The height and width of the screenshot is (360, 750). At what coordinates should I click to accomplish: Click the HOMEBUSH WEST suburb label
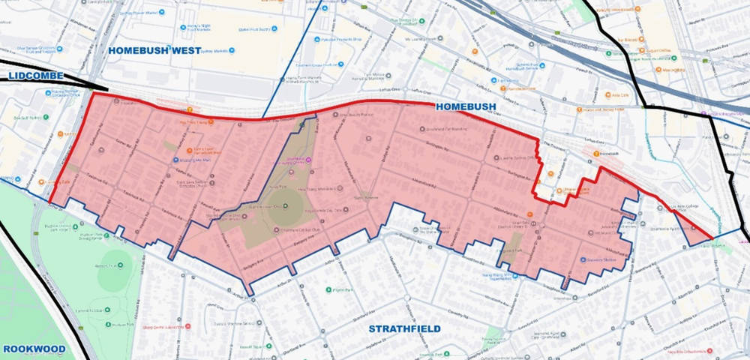tap(154, 51)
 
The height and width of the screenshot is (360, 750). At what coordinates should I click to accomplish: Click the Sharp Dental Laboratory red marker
tap(187, 326)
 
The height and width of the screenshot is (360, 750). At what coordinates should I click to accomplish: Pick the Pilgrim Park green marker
tap(328, 290)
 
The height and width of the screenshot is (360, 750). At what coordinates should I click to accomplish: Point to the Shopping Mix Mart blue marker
tap(175, 160)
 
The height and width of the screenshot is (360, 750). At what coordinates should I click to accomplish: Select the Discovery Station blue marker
tap(583, 259)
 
